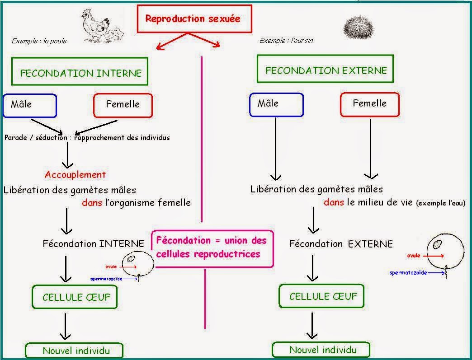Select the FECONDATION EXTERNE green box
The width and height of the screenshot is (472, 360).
pyautogui.click(x=326, y=70)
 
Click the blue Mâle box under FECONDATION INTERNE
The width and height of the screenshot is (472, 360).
pyautogui.click(x=30, y=105)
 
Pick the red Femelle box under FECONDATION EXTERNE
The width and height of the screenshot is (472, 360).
pyautogui.click(x=369, y=104)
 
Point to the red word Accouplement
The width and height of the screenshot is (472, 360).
pyautogui.click(x=75, y=174)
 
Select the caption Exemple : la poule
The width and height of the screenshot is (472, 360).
pyautogui.click(x=39, y=41)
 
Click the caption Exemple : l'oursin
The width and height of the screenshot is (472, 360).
pyautogui.click(x=286, y=41)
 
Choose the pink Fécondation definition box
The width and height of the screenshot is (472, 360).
pyautogui.click(x=212, y=247)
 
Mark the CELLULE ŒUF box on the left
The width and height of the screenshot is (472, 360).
pyautogui.click(x=76, y=297)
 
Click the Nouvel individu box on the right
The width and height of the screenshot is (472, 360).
pyautogui.click(x=322, y=350)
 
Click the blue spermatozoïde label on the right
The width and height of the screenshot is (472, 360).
pyautogui.click(x=408, y=273)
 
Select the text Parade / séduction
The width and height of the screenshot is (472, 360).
pyautogui.click(x=36, y=137)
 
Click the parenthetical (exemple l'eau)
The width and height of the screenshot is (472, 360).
pyautogui.click(x=440, y=203)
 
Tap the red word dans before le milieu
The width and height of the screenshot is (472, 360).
pyautogui.click(x=334, y=202)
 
